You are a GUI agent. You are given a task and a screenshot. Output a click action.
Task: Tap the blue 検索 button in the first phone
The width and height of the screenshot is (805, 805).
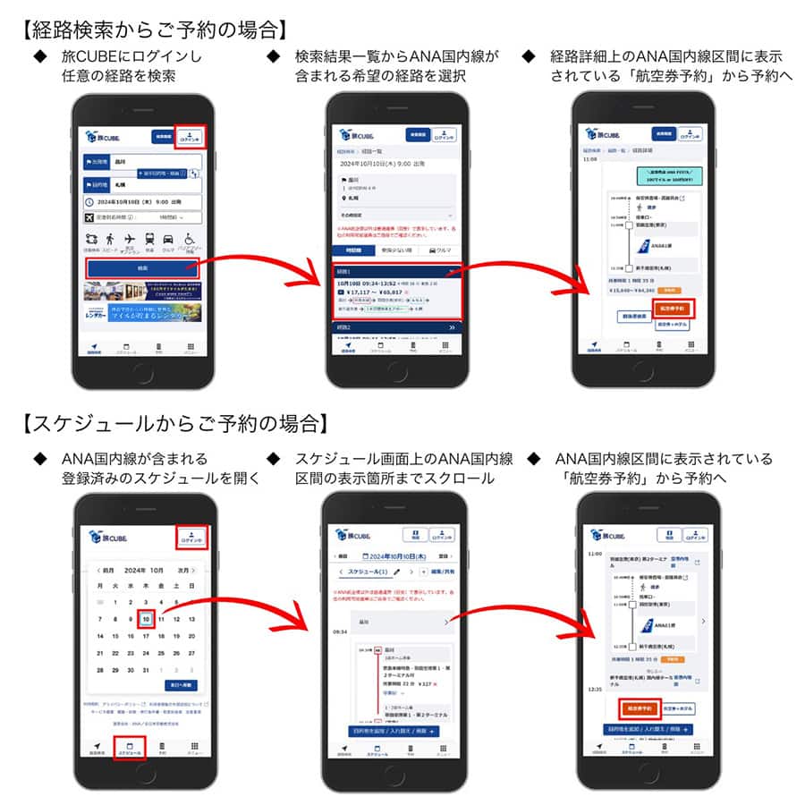point(143,267)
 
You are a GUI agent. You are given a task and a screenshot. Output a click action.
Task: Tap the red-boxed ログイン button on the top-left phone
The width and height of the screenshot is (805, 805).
point(191,136)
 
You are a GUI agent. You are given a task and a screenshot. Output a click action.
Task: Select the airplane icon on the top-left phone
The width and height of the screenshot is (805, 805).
point(130,239)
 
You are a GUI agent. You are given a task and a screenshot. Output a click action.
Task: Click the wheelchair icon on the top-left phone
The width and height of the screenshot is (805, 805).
point(190,239)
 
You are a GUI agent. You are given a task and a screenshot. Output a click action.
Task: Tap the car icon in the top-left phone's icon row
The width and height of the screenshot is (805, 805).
point(169,239)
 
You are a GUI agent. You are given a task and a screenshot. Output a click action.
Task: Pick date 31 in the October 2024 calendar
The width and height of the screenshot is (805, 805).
point(146,669)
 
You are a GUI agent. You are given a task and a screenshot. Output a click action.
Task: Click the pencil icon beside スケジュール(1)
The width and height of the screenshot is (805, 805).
point(396,572)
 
